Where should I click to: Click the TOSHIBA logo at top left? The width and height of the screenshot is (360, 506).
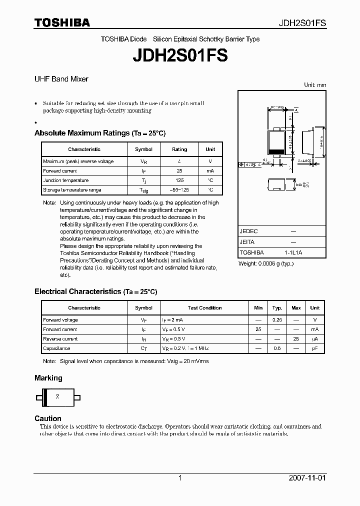pos(62,22)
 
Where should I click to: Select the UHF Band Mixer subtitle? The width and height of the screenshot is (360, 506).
pos(61,79)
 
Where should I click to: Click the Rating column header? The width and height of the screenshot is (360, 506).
pos(179,149)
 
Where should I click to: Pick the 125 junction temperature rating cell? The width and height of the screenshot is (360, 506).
pos(179,180)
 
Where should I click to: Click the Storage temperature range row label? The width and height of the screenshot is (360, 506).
pos(72,190)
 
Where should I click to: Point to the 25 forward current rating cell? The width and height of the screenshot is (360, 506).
pos(179,171)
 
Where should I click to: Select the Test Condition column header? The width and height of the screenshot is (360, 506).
pos(204,308)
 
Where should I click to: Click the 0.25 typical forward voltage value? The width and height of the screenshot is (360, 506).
pos(277,320)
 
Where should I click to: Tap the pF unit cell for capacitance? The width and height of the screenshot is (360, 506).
pos(315,348)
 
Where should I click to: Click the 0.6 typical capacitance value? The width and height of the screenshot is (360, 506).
pos(277,348)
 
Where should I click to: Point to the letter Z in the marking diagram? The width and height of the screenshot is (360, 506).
pos(57,396)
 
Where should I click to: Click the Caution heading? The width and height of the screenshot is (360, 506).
pos(48,418)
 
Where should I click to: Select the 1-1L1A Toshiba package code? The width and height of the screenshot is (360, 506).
pos(293,253)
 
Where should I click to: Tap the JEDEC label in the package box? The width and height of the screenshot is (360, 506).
pos(248,231)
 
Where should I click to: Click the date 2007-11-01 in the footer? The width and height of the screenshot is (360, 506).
pos(307,478)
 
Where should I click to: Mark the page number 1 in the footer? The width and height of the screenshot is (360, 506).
pos(180,478)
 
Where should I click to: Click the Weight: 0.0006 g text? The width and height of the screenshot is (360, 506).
pos(266,263)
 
